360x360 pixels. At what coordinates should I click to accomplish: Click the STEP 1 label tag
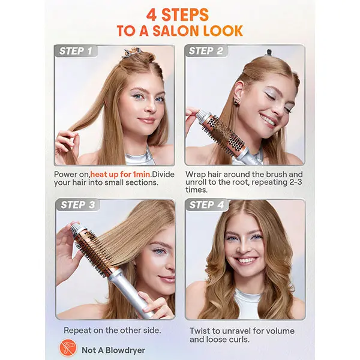[76, 51]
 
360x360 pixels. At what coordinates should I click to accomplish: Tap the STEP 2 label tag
[206, 51]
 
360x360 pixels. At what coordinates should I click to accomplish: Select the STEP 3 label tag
[77, 205]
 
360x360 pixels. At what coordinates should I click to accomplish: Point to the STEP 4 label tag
[206, 205]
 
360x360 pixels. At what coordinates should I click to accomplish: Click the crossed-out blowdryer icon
[68, 348]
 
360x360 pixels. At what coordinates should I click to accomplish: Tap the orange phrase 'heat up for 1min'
[121, 174]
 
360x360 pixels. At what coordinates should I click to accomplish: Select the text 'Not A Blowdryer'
[113, 350]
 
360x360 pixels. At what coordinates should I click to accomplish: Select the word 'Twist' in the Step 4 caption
[200, 331]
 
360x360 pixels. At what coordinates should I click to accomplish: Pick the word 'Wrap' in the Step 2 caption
[195, 175]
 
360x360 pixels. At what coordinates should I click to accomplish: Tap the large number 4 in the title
[152, 15]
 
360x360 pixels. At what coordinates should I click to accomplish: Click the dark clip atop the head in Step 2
[268, 52]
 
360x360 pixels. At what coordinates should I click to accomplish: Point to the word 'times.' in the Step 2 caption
[196, 190]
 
